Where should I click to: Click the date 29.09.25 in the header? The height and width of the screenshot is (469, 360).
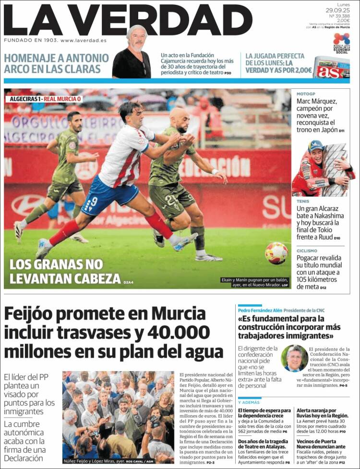tap(337, 10)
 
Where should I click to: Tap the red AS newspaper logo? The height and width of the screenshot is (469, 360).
tap(330, 71)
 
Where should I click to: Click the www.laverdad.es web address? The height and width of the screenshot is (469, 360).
tap(84, 40)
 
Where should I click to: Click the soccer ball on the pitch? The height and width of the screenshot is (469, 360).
tap(276, 253)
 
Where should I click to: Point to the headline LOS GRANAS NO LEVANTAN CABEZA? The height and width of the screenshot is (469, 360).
tap(65, 271)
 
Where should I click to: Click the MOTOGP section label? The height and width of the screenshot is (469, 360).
tap(306, 95)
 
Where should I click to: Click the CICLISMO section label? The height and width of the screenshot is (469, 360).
tap(307, 251)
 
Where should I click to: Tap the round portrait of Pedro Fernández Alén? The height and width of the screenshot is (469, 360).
tap(294, 358)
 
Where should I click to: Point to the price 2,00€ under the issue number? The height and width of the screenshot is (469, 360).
tap(343, 21)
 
